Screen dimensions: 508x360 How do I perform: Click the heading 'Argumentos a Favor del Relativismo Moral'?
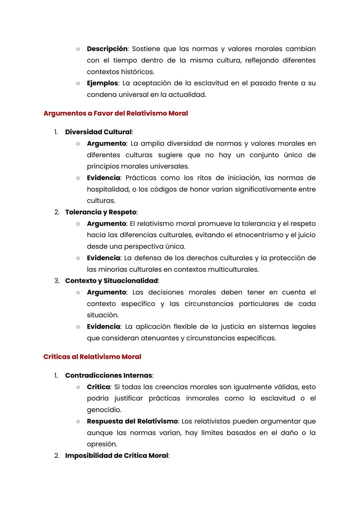[116, 113]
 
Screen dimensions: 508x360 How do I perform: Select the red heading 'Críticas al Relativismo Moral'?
[92, 357]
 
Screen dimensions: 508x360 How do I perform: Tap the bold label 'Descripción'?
[107, 49]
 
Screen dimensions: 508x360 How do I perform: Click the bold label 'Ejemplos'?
[102, 83]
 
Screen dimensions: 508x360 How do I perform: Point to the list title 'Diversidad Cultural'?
[98, 132]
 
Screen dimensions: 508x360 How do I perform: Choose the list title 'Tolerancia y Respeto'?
[101, 212]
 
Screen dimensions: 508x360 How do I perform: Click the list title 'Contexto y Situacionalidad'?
[111, 281]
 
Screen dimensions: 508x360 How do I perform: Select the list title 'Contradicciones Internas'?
[108, 375]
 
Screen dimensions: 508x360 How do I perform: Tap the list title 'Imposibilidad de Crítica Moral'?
[116, 456]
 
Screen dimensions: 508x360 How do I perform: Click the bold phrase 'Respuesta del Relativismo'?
[132, 421]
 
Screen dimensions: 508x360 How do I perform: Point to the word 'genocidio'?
[104, 410]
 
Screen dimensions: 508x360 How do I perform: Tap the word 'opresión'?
[102, 444]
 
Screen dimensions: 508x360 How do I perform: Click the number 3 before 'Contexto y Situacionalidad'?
[57, 281]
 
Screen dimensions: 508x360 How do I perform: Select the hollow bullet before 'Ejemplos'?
[78, 83]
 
